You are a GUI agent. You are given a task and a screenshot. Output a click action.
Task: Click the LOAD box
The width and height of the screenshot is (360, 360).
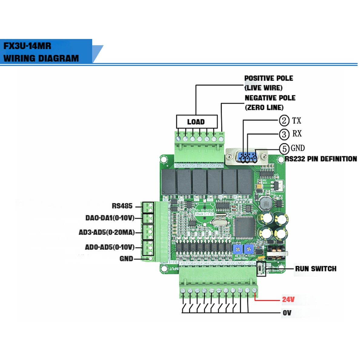tap(197, 122)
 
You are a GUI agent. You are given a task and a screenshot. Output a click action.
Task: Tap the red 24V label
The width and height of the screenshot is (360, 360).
tap(288, 299)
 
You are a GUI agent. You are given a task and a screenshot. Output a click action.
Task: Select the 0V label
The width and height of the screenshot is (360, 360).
tap(287, 313)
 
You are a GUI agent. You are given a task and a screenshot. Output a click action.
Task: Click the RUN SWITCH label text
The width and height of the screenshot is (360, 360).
tap(315, 269)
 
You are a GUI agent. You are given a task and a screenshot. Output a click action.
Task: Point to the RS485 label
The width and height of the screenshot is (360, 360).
tap(122, 206)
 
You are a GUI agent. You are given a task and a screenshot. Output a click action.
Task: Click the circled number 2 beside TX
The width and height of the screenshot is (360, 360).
tap(284, 121)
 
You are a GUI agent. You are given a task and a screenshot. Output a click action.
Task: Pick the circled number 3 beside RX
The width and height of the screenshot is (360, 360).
tap(284, 134)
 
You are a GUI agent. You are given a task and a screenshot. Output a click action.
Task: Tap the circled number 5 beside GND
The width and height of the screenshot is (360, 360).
tap(284, 148)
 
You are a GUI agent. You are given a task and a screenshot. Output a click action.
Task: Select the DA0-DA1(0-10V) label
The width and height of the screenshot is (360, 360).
tap(110, 218)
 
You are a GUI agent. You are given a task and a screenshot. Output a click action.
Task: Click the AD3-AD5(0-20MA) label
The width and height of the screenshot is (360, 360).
tap(107, 232)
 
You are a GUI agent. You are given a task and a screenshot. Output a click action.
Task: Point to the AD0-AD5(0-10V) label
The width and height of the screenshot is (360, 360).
tap(110, 247)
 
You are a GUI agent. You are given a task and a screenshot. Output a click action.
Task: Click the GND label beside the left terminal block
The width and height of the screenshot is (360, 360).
tap(126, 259)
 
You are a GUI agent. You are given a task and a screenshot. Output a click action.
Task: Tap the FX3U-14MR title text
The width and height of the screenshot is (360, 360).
tap(27, 46)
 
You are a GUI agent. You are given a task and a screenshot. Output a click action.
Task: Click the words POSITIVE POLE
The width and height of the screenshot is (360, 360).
tap(269, 78)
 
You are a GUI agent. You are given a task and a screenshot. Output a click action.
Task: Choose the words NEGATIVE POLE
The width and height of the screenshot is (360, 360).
tap(270, 98)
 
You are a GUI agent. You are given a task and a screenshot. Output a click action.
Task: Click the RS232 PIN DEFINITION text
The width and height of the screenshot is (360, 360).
tap(321, 159)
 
